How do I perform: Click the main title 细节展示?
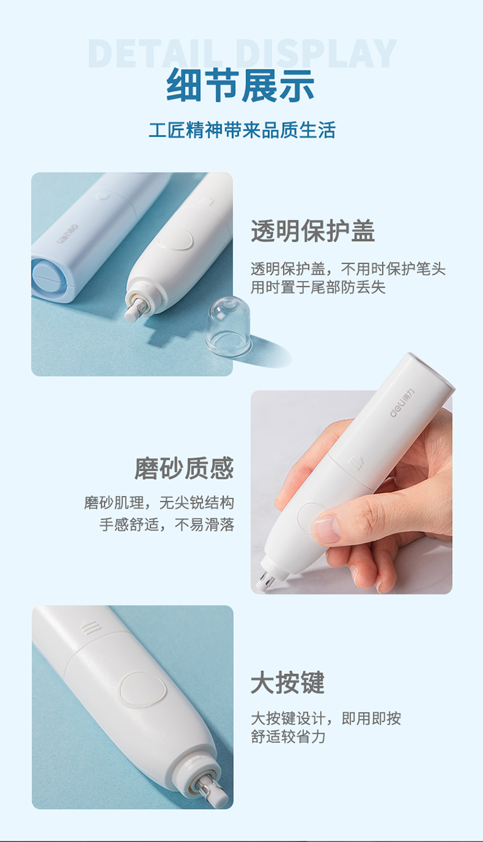pos(241,86)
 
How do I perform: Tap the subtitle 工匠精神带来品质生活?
pos(241,131)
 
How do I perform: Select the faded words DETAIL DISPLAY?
pos(242,53)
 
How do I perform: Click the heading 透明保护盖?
pos(313,231)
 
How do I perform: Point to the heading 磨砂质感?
pos(184,468)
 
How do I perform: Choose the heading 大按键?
pos(288,682)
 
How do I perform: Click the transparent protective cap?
pos(229,326)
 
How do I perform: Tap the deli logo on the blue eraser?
pos(68,233)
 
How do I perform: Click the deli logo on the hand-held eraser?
pos(401,403)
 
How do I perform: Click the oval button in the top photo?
pos(175,239)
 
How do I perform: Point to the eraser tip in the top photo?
pos(133,310)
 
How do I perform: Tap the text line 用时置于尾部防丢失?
pos(318,288)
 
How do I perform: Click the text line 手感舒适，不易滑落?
pos(167,524)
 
